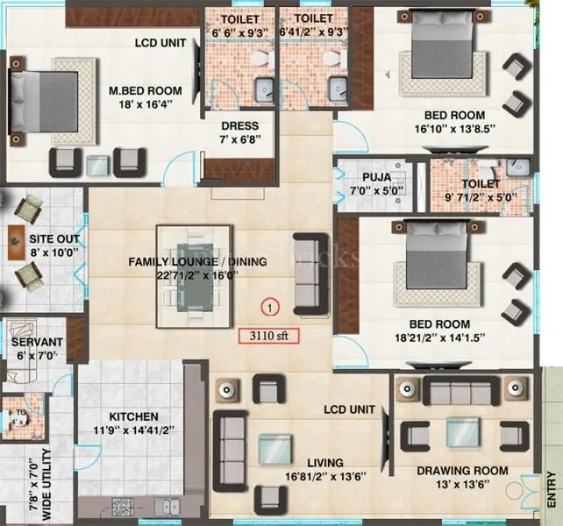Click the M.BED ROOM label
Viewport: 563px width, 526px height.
click(x=146, y=90)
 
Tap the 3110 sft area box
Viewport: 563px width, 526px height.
click(x=269, y=335)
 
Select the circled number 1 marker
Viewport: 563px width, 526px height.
click(x=270, y=307)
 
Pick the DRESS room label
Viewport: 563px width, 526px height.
click(x=239, y=126)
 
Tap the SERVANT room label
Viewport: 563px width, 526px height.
click(x=36, y=341)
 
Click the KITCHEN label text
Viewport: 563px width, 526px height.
click(x=133, y=416)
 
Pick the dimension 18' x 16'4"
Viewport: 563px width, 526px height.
click(x=146, y=104)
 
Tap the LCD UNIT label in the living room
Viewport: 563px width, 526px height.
click(x=349, y=409)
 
